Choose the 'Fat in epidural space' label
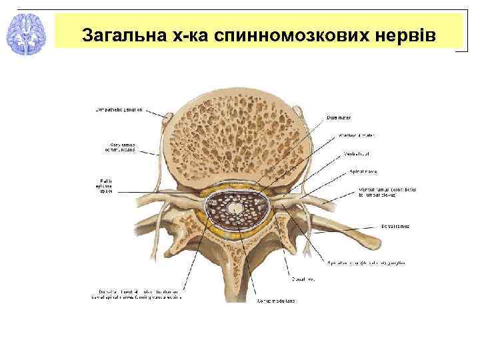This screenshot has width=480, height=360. coord(107,185)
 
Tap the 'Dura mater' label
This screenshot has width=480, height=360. coord(339,117)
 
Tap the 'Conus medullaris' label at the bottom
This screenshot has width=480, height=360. coord(274,301)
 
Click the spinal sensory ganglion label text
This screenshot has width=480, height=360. coord(365,263)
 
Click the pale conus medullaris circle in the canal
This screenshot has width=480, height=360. coord(235,209)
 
